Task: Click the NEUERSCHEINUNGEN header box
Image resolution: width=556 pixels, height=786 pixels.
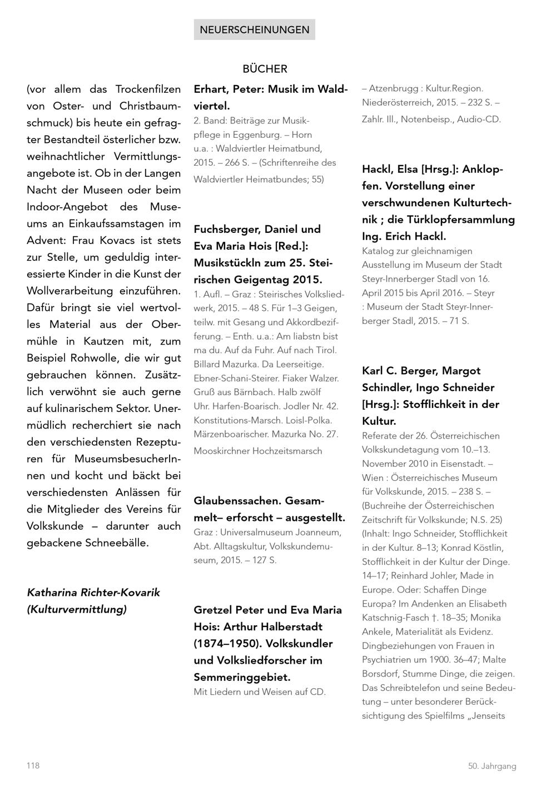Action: tap(254, 29)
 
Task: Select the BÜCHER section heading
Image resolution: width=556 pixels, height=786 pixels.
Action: tap(265, 69)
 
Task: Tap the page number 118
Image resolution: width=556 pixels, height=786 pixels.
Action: tap(33, 765)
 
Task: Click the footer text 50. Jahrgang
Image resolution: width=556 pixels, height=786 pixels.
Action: tap(492, 766)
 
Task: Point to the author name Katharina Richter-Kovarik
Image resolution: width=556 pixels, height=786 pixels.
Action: tap(93, 593)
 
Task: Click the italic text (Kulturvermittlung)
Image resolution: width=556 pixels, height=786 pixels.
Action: tap(77, 609)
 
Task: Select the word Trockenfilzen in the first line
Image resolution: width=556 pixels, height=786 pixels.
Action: tap(148, 89)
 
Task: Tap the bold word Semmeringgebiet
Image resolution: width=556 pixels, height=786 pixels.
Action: tap(242, 677)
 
